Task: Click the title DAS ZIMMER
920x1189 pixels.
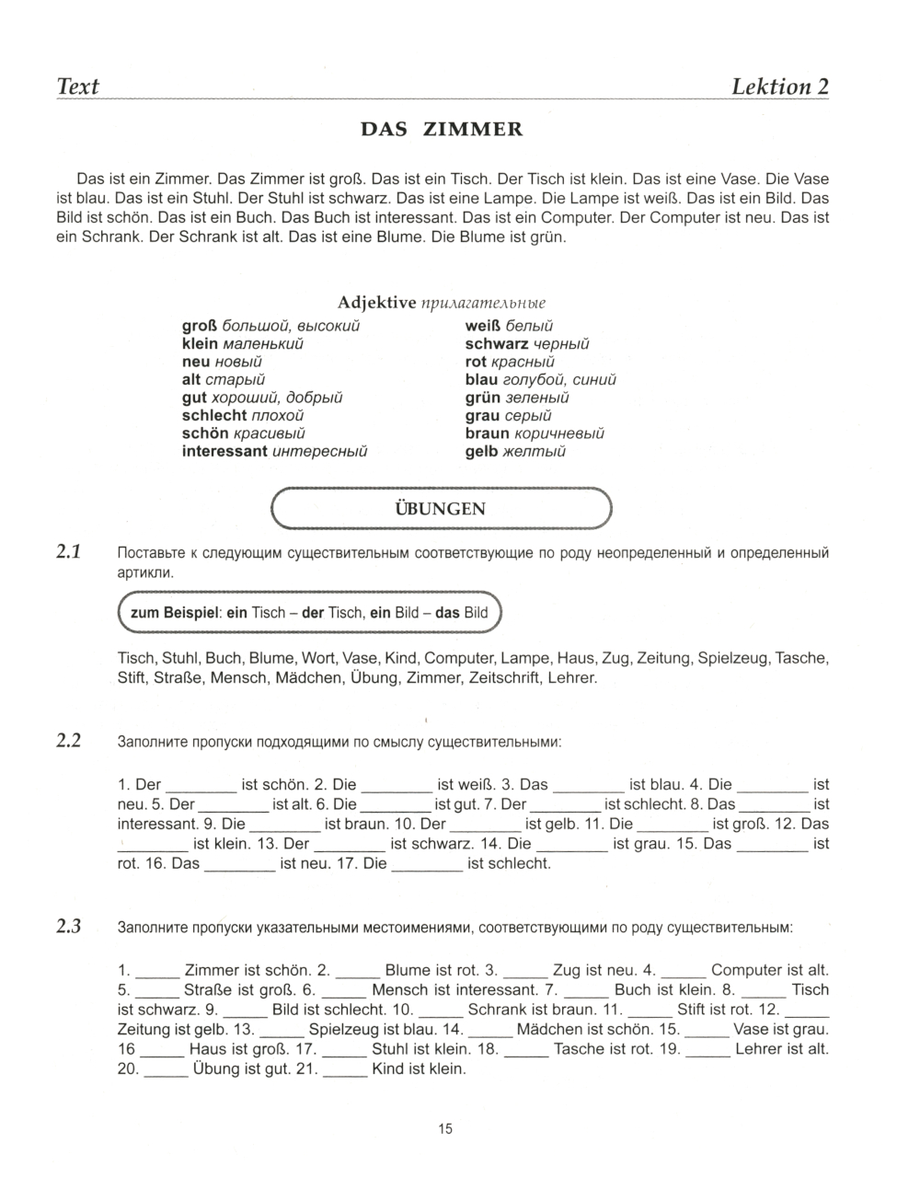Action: (x=442, y=130)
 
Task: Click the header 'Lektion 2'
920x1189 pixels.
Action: (x=779, y=87)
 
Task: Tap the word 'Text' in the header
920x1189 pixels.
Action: (x=78, y=87)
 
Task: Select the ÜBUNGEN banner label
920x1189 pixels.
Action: (x=441, y=509)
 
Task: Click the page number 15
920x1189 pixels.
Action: (x=445, y=1129)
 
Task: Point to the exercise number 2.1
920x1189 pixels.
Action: (x=69, y=553)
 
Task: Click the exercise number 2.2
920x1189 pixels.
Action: (x=69, y=741)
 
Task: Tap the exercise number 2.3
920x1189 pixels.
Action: (x=69, y=927)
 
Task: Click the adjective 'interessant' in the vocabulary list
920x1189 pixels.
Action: (x=224, y=451)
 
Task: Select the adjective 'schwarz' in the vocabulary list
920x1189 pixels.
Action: (x=497, y=343)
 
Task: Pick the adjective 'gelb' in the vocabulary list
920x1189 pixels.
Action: (x=482, y=451)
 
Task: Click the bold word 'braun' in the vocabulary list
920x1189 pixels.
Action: (x=488, y=433)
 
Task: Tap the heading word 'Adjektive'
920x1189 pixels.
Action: (x=377, y=303)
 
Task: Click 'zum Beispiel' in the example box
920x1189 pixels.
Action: (x=171, y=613)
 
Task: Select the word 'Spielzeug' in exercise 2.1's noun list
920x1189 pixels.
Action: (x=733, y=659)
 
